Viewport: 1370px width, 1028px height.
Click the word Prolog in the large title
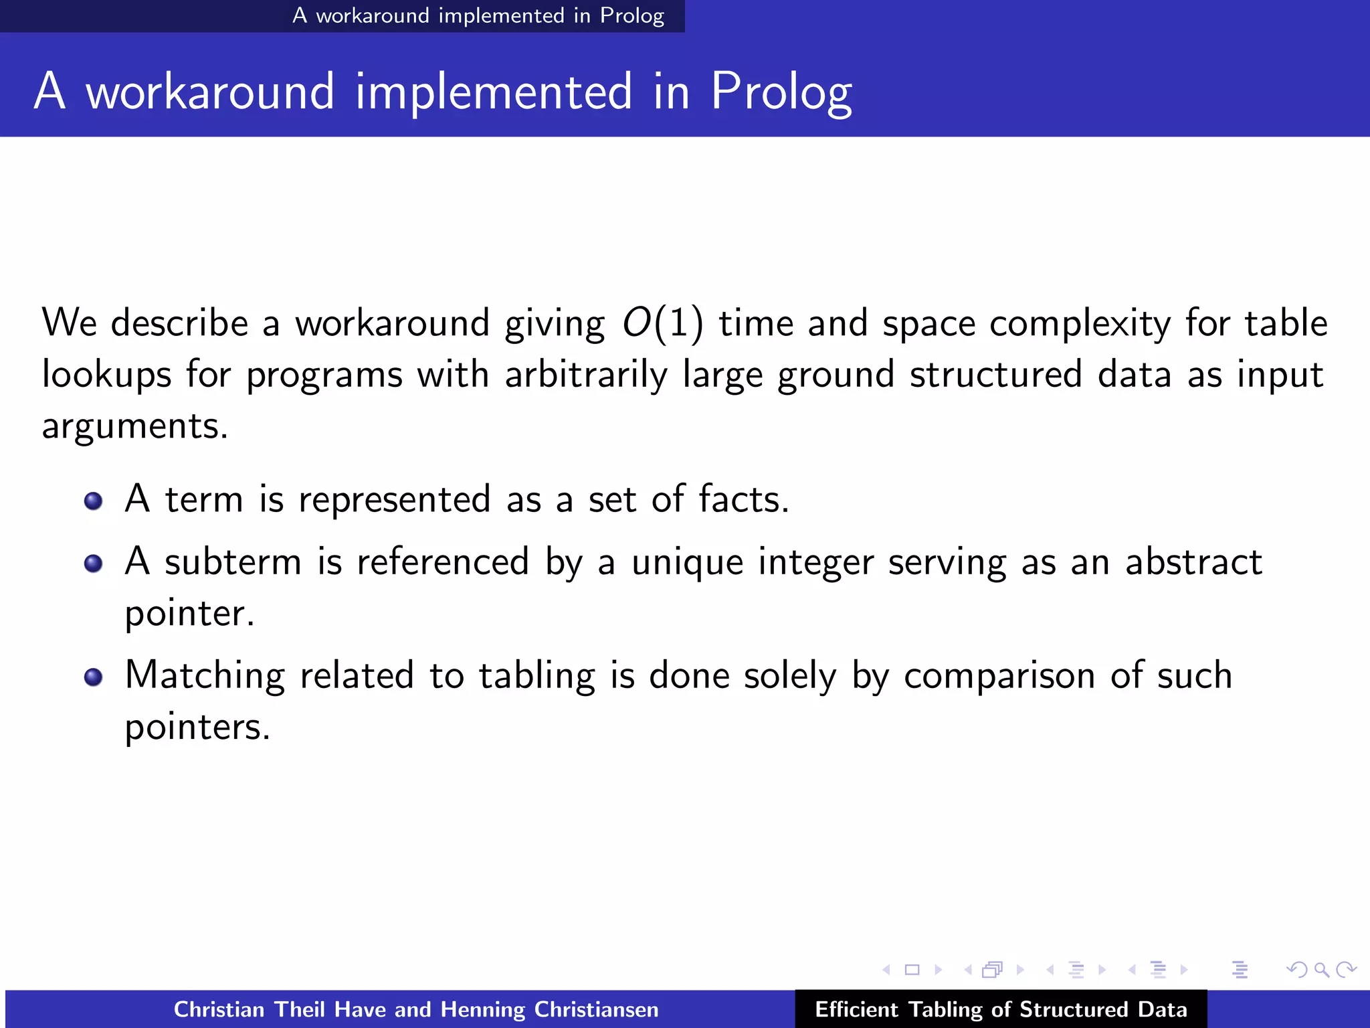pos(781,92)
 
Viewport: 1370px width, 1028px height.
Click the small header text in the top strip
pos(478,15)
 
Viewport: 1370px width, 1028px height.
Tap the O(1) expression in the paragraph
pos(662,324)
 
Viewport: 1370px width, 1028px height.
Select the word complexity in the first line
pos(1080,324)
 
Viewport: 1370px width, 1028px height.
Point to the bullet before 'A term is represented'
pos(94,501)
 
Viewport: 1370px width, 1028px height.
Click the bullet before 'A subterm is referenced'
pos(94,564)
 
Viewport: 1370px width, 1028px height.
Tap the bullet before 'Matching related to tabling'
pos(94,677)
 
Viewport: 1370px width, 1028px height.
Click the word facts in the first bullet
pos(743,499)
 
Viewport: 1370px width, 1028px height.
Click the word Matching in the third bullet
pos(205,676)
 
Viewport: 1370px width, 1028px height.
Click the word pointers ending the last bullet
pos(197,727)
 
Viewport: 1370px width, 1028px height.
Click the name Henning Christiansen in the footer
pos(549,1009)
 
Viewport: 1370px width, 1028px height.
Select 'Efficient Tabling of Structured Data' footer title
pos(1001,1009)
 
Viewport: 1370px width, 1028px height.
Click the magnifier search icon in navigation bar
pos(1320,970)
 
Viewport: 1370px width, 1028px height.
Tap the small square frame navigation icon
pos(912,970)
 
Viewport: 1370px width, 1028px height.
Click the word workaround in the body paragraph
pos(393,324)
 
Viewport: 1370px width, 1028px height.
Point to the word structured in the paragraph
pos(995,375)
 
